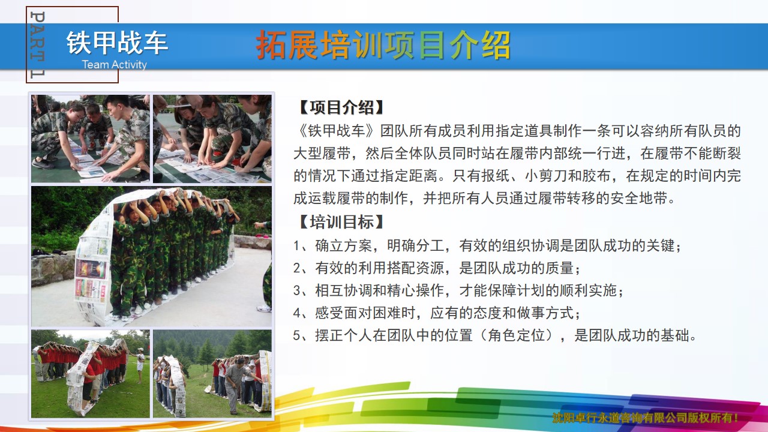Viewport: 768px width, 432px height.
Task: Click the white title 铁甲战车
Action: tap(117, 43)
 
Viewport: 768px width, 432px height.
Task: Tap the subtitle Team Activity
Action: tap(115, 64)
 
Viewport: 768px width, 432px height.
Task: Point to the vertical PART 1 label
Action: tap(37, 44)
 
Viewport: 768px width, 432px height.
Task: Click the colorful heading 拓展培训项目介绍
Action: tap(383, 45)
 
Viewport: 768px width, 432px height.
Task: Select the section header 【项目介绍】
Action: tap(341, 107)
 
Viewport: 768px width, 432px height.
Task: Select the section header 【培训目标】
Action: tap(341, 222)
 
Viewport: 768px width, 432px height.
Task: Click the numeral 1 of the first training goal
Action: tap(297, 246)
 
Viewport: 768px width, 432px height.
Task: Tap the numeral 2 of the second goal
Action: tap(297, 268)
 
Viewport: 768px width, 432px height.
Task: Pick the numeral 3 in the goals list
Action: tap(297, 291)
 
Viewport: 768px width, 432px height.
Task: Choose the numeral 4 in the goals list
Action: tap(297, 313)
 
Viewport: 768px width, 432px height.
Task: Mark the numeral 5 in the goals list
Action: tap(297, 335)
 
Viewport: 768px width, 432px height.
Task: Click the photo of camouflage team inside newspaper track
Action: tap(151, 256)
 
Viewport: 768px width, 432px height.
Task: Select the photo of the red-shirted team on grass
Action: tap(91, 374)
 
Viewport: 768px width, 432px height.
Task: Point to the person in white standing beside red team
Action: tap(140, 365)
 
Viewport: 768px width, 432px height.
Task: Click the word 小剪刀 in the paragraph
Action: tap(546, 176)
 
